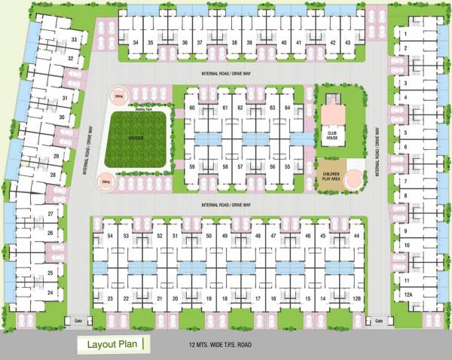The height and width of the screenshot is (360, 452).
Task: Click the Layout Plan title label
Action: pyautogui.click(x=111, y=344)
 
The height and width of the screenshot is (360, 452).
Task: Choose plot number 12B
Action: pyautogui.click(x=357, y=299)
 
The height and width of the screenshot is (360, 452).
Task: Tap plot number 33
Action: pyautogui.click(x=74, y=39)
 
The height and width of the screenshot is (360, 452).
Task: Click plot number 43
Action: pyautogui.click(x=347, y=43)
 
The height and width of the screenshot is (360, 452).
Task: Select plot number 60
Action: pyautogui.click(x=193, y=108)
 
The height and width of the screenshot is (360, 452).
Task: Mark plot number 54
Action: pyautogui.click(x=110, y=236)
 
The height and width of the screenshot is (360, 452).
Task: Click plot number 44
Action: pyautogui.click(x=356, y=236)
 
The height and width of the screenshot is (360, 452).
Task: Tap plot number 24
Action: pyautogui.click(x=50, y=291)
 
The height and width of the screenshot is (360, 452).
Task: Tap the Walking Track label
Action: pyautogui.click(x=143, y=109)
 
